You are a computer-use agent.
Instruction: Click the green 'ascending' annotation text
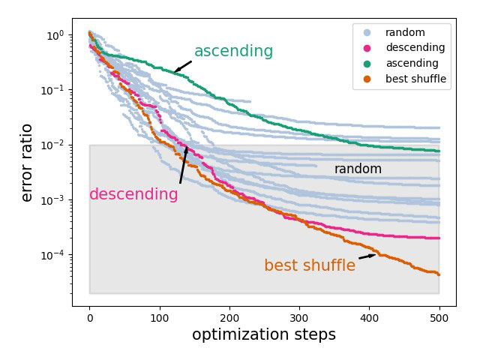tap(233, 51)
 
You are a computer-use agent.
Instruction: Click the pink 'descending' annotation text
tap(133, 195)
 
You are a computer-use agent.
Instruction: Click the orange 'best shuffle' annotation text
tap(309, 265)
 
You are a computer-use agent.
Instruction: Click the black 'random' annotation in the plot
tap(358, 169)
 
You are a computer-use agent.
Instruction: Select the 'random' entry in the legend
tap(405, 33)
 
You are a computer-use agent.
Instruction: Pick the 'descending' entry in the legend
tap(415, 48)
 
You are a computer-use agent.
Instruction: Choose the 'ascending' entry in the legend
tap(412, 63)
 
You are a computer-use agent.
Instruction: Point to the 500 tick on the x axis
tap(439, 317)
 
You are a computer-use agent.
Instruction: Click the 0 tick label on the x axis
tap(90, 317)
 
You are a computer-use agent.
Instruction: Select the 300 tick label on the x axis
tap(299, 317)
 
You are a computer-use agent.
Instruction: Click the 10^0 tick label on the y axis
tap(54, 36)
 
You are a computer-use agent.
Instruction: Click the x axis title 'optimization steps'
tap(264, 335)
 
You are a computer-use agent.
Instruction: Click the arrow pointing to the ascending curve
tap(183, 67)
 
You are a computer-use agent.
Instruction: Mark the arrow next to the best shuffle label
tap(367, 256)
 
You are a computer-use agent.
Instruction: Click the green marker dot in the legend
tap(367, 63)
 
